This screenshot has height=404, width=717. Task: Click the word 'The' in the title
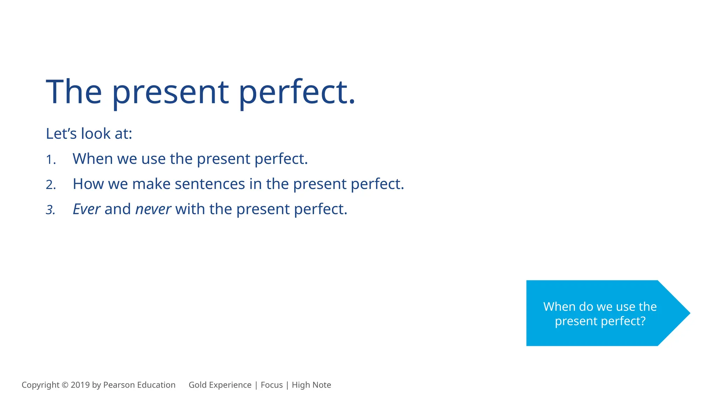pos(74,92)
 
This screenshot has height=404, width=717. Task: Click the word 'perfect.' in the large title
pos(297,92)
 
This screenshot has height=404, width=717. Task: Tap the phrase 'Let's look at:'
pos(89,134)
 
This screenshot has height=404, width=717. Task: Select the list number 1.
pos(50,160)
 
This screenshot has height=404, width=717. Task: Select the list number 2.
pos(50,185)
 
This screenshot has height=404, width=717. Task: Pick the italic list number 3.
pos(50,210)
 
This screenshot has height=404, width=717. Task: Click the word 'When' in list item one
pos(92,159)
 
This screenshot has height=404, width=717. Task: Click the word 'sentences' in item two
pos(210,184)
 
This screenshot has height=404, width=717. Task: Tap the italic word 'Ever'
pos(86,209)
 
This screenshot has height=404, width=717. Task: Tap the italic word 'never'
pos(153,209)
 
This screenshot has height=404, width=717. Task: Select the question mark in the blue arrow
pos(642,321)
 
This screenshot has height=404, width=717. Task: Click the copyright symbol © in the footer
pos(65,385)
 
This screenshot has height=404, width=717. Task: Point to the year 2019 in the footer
pos(80,385)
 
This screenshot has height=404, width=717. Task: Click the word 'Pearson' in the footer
pos(119,385)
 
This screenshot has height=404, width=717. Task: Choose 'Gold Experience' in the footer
pos(220,385)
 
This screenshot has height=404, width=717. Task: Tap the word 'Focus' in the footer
pos(272,385)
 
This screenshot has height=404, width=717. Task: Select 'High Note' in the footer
pos(311,385)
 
